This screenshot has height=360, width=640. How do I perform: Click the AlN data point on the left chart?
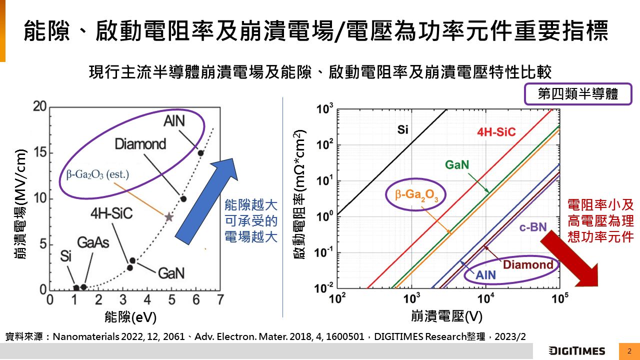pos(200,153)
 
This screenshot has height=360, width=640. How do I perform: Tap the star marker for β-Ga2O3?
pos(169,217)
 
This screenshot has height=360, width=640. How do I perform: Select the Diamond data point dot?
pos(183,198)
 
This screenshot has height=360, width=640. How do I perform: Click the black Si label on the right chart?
pos(403,130)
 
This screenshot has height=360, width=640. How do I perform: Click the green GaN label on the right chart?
pos(456,165)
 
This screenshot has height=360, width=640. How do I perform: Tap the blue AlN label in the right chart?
pos(485,274)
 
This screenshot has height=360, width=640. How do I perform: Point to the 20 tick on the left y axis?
pos(40,106)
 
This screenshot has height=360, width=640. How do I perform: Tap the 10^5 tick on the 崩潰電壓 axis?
pos(559,299)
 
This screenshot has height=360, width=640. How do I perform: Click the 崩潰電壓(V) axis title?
pos(446,316)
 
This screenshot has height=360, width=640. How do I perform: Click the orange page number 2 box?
pos(629,350)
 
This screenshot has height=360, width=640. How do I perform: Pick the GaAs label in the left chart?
pos(92,242)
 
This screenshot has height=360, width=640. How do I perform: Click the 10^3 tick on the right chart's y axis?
pos(325,108)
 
